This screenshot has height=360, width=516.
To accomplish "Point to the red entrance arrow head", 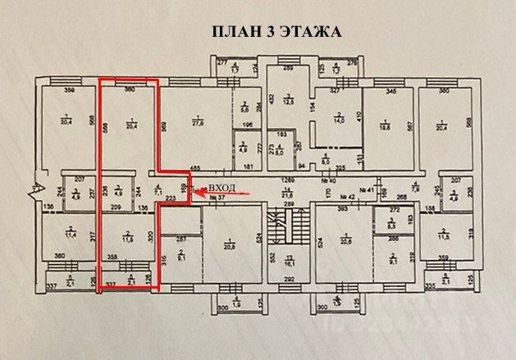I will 194,194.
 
